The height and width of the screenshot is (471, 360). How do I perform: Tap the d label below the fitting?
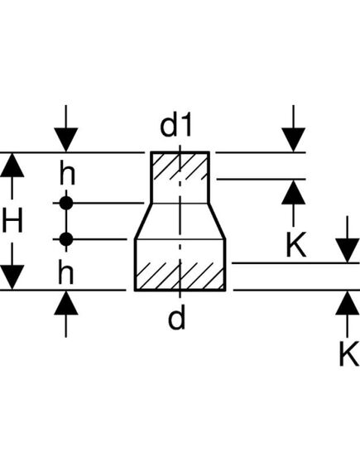(177, 318)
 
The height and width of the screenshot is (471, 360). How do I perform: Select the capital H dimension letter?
(12, 221)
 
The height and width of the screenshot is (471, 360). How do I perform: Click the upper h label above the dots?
(66, 175)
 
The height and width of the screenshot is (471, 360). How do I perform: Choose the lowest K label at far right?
(347, 353)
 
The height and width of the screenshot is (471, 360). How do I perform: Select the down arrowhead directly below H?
(12, 276)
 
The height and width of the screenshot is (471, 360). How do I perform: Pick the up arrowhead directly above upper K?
(294, 192)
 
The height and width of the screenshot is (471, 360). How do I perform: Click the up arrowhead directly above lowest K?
(347, 304)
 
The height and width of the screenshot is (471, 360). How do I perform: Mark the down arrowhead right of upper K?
(347, 248)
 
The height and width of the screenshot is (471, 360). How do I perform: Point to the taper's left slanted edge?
(142, 221)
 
